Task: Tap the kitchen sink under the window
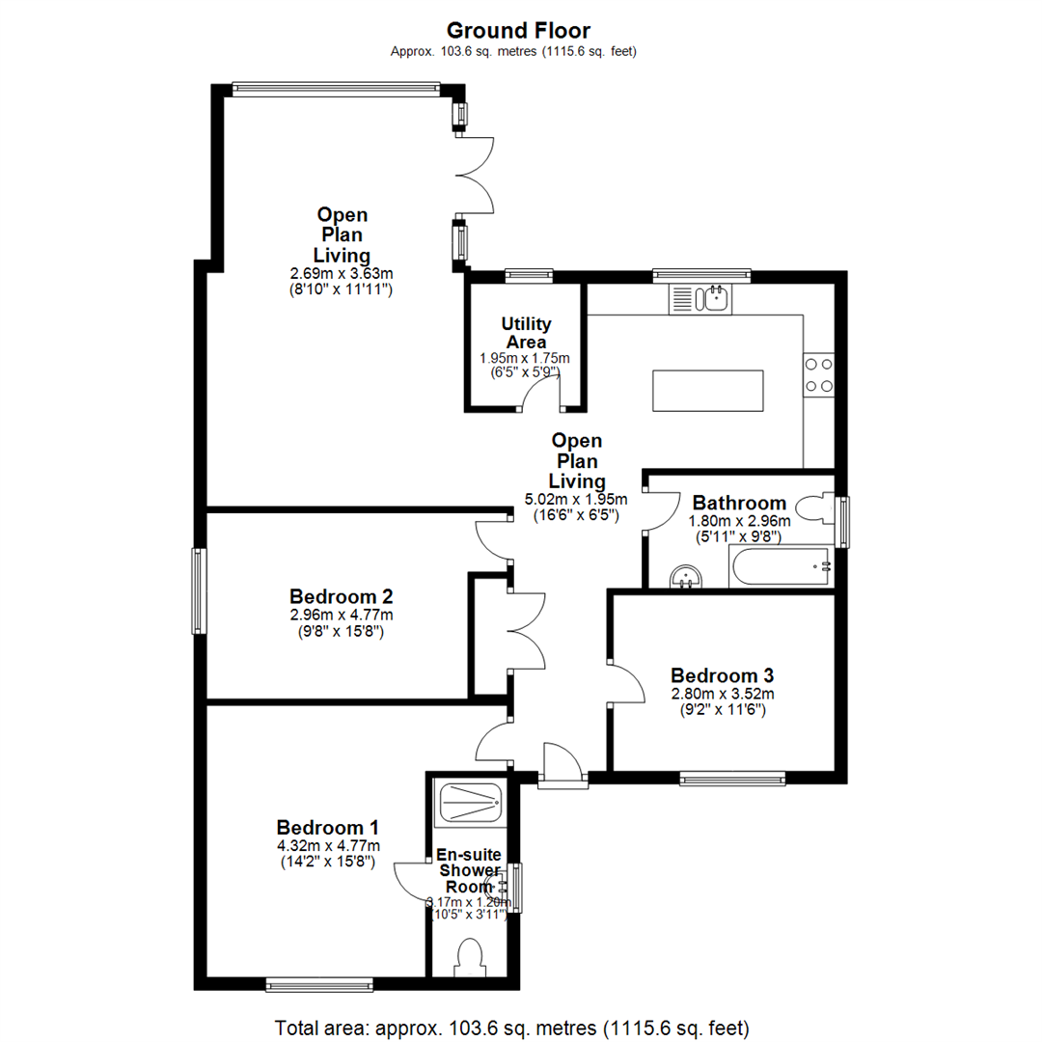coord(701,298)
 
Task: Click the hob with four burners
coord(819,375)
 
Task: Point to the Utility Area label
coord(524,333)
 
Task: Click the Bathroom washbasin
coord(687,577)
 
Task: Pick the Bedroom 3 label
coord(723,674)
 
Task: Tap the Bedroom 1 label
coord(327,827)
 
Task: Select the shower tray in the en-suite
coord(469,801)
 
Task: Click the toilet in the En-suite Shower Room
coord(472,958)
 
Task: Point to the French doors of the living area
coord(477,175)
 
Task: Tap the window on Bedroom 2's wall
coord(199,590)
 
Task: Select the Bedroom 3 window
coord(732,777)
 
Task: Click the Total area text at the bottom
coord(511,1026)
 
